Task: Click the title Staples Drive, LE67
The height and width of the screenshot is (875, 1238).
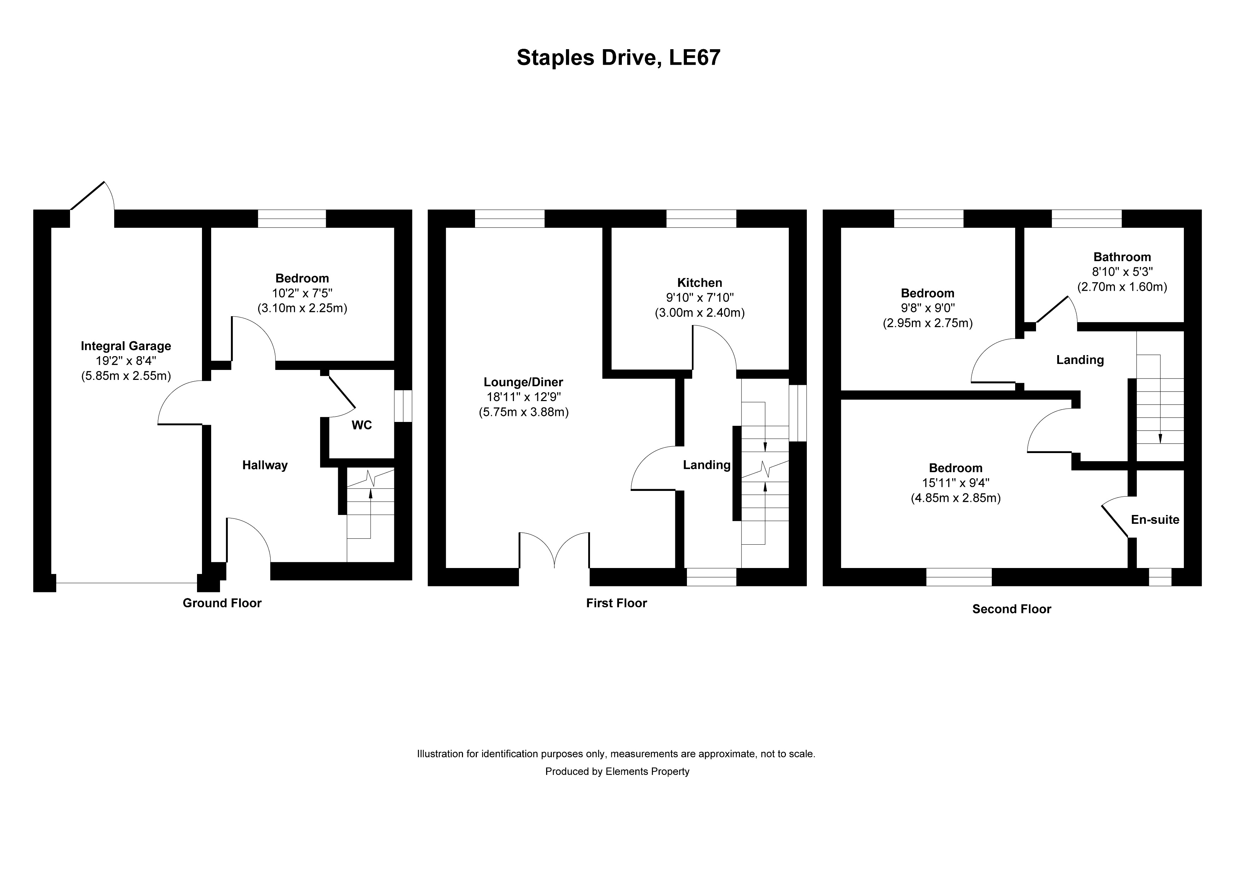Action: (x=618, y=58)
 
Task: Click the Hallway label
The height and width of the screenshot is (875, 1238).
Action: (x=265, y=465)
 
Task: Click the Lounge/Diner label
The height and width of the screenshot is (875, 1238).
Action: (x=523, y=382)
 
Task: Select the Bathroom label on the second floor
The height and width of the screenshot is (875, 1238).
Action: (x=1122, y=257)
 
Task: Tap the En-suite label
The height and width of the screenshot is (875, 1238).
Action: (x=1155, y=520)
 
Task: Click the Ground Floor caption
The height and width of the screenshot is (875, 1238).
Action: (x=222, y=603)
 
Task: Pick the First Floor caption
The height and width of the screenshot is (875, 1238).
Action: (x=616, y=603)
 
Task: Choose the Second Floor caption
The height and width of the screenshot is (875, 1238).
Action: (x=1012, y=609)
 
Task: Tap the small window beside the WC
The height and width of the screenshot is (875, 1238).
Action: (x=403, y=406)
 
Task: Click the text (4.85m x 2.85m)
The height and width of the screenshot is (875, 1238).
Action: (x=955, y=498)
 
